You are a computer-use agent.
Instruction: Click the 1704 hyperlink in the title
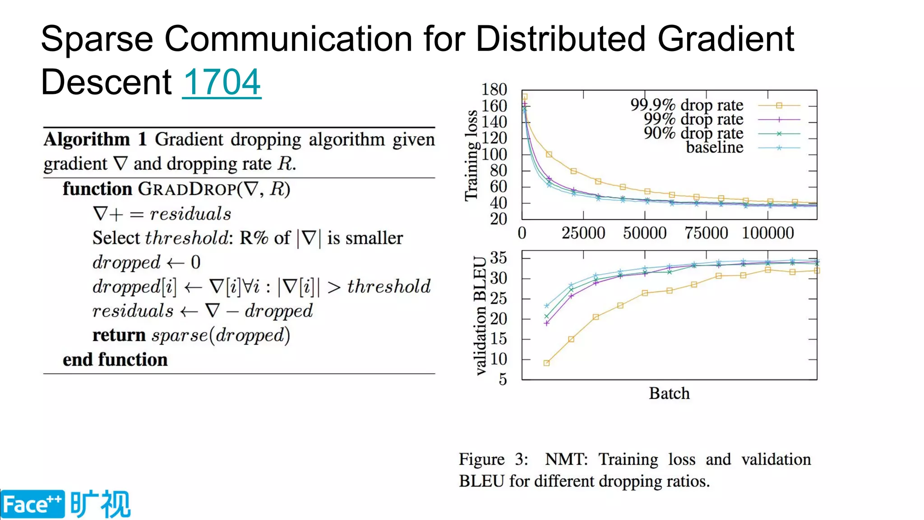[222, 82]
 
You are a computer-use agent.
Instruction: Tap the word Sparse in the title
[97, 39]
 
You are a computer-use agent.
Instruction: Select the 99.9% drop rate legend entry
[687, 105]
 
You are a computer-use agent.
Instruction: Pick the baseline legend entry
[714, 147]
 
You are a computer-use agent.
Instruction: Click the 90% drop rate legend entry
[693, 133]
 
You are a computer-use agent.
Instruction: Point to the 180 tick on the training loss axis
[494, 89]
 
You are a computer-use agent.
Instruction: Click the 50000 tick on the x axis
[645, 233]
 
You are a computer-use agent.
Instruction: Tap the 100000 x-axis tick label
[768, 233]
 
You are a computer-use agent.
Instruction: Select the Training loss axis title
[471, 155]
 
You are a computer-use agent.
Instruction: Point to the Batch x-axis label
[669, 393]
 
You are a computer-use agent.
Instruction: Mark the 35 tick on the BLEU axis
[498, 258]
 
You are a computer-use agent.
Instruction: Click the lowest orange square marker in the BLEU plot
[546, 363]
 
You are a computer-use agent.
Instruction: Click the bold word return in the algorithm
[119, 335]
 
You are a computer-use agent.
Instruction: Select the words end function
[115, 360]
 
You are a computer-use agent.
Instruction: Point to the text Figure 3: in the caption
[493, 459]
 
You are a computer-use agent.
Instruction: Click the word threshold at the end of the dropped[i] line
[388, 286]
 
